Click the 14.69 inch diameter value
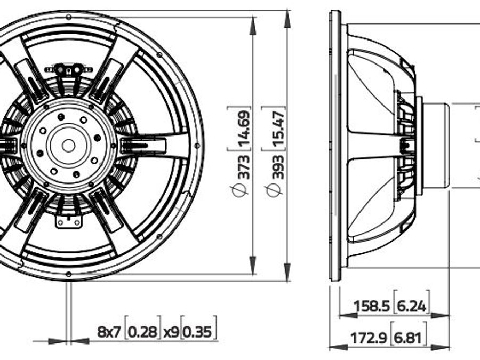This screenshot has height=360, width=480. click(x=244, y=129)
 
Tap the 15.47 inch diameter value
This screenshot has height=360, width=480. click(x=278, y=129)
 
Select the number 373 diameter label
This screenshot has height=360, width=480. click(x=244, y=167)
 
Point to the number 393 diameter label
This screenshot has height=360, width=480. click(x=278, y=167)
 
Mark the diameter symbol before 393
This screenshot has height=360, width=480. click(x=274, y=190)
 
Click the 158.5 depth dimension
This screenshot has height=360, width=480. click(x=372, y=306)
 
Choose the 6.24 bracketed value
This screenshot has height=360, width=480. click(x=411, y=306)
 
